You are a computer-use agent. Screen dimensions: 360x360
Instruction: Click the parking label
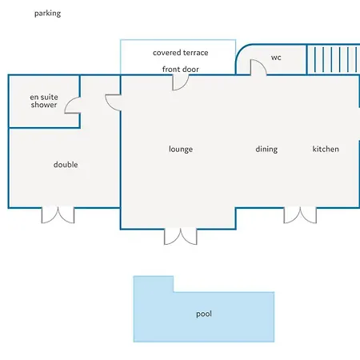click(x=47, y=14)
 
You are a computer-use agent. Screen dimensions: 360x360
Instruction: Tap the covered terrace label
click(x=181, y=53)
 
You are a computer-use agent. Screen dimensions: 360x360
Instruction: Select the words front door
click(x=181, y=70)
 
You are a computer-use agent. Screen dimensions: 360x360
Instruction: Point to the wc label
click(x=276, y=58)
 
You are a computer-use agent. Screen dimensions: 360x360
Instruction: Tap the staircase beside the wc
click(x=334, y=60)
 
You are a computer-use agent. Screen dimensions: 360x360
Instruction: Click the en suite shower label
click(x=44, y=101)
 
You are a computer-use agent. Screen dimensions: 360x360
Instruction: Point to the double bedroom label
click(x=66, y=165)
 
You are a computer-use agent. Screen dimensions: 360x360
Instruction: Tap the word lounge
click(x=181, y=149)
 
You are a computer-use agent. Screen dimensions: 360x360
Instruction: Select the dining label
click(x=266, y=149)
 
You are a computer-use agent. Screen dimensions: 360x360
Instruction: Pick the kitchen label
click(x=326, y=149)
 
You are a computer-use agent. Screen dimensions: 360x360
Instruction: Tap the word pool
click(x=204, y=314)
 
